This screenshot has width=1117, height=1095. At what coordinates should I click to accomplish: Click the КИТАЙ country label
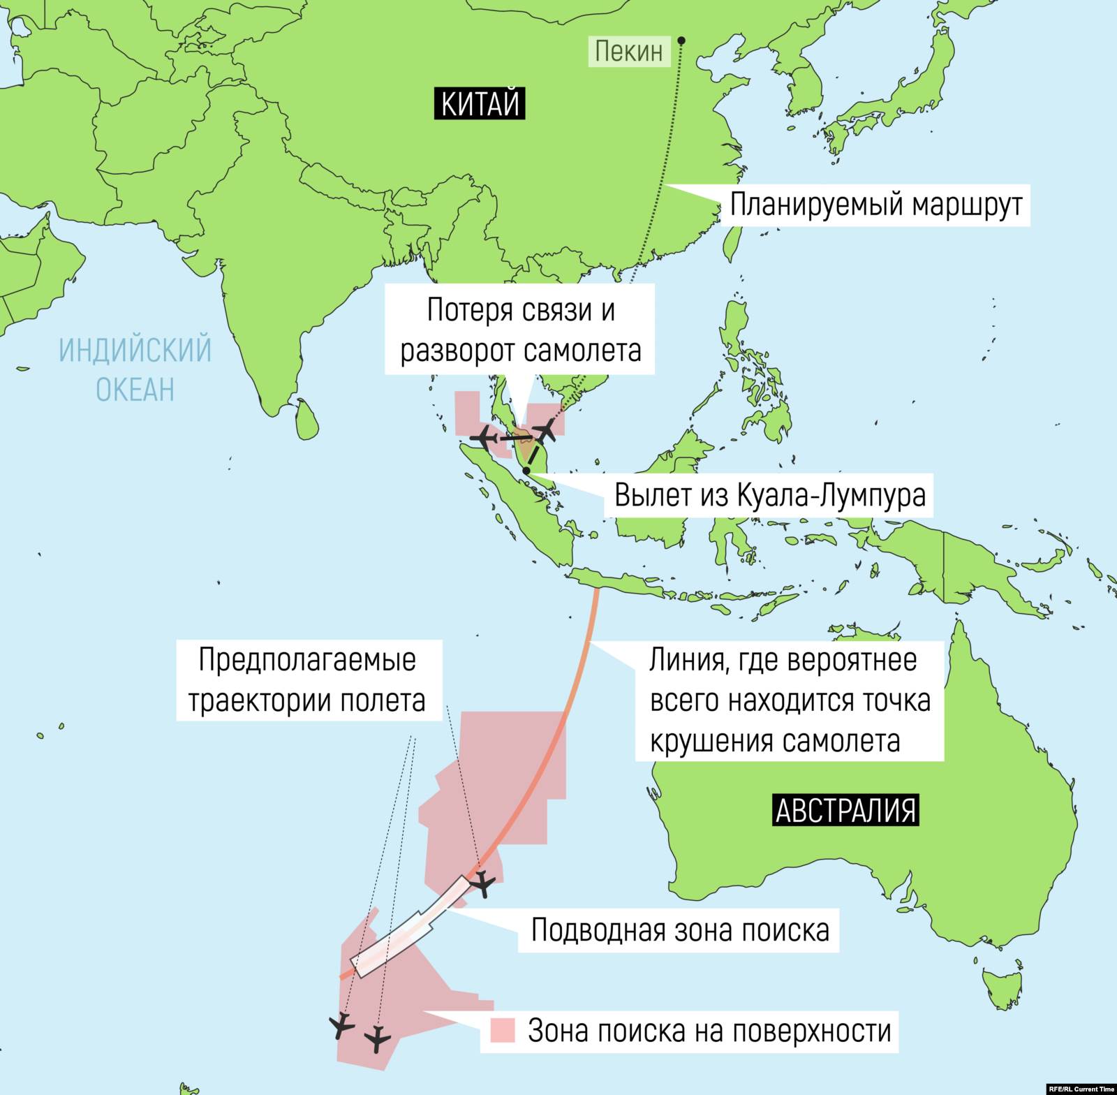click(x=480, y=103)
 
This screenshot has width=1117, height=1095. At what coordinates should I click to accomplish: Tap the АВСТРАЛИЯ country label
click(x=845, y=810)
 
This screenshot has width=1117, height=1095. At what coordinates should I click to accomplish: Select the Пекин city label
click(x=628, y=51)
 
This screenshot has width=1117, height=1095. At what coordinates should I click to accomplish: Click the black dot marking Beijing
click(x=681, y=41)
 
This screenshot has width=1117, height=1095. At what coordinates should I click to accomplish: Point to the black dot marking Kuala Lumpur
click(x=526, y=471)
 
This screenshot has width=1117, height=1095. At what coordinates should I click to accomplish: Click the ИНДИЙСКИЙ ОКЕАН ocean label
click(x=135, y=369)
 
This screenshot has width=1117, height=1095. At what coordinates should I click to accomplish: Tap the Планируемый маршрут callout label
click(x=875, y=205)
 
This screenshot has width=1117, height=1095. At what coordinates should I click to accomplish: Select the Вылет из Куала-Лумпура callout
click(x=769, y=495)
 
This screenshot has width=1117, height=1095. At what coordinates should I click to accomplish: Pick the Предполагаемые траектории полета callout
click(x=307, y=680)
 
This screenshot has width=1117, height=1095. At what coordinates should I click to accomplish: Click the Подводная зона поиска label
click(x=680, y=930)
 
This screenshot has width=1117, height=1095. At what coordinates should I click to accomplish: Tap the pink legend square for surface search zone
click(x=502, y=1031)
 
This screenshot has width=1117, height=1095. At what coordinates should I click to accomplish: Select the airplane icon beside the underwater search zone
click(x=482, y=885)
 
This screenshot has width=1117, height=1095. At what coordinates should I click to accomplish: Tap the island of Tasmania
click(x=1002, y=987)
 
